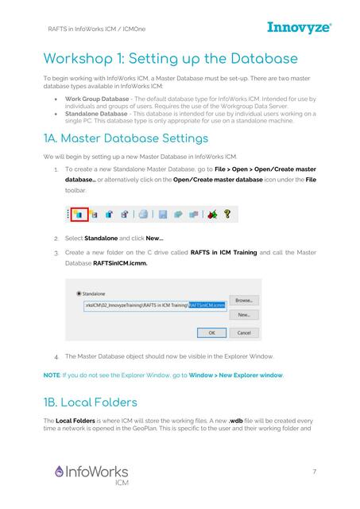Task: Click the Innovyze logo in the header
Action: click(x=299, y=29)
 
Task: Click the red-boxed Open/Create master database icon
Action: click(x=79, y=214)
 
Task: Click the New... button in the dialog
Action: click(x=243, y=315)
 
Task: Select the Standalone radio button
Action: click(x=78, y=293)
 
